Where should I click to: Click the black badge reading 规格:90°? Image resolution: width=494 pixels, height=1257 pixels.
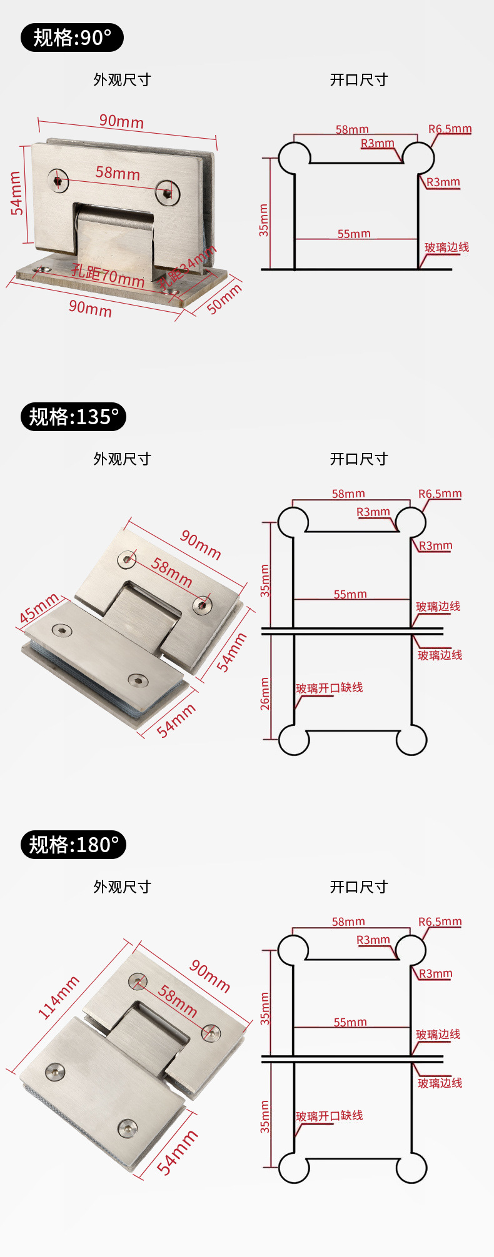(x=72, y=37)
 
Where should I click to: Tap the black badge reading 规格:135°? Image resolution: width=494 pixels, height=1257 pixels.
(x=73, y=417)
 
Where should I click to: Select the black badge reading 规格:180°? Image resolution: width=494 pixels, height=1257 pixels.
(x=73, y=845)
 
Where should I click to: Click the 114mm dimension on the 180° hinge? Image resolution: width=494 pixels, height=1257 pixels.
(x=59, y=997)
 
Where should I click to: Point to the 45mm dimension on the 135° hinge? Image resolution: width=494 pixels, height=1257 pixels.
(x=38, y=608)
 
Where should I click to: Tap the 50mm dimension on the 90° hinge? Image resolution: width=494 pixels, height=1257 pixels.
(x=224, y=299)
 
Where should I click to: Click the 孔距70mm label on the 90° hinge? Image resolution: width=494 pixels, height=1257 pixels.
(x=108, y=275)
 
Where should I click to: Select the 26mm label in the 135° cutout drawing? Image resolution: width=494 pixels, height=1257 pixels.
(x=265, y=693)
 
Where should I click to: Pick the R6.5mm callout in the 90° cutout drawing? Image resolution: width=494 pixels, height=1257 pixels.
(x=450, y=129)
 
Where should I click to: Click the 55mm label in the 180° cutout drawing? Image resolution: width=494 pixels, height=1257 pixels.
(x=350, y=1022)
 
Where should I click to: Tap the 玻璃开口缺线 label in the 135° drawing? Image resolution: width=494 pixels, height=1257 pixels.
(x=329, y=688)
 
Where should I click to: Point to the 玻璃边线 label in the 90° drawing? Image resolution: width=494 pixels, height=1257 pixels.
(x=446, y=247)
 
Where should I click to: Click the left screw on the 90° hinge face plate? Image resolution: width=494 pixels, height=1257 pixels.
(x=59, y=180)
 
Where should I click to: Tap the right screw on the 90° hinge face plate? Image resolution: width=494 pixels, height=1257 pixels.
(x=168, y=192)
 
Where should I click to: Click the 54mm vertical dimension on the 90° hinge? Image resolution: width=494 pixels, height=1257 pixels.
(x=17, y=193)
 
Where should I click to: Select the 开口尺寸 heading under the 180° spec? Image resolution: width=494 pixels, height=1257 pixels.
(x=359, y=887)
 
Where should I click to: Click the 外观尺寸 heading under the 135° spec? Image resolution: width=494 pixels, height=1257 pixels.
(x=122, y=459)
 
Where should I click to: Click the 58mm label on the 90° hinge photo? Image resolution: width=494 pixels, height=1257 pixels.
(x=118, y=172)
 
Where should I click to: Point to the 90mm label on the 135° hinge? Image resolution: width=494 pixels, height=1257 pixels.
(x=201, y=544)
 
